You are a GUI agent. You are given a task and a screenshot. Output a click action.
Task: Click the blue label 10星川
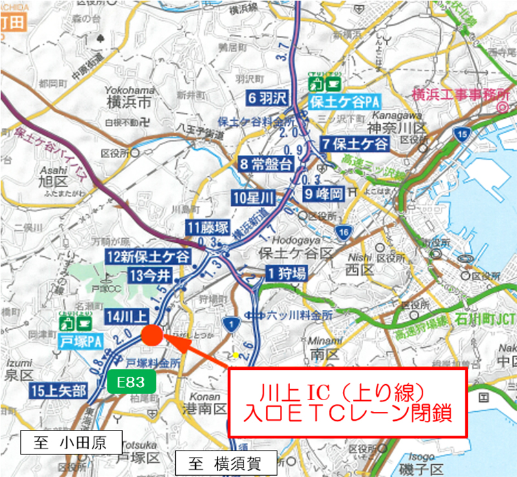click(253, 198)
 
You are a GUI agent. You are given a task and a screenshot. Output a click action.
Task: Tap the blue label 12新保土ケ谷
click(149, 257)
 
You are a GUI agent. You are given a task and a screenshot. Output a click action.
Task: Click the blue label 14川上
click(127, 316)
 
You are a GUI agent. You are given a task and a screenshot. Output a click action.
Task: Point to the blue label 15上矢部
click(58, 390)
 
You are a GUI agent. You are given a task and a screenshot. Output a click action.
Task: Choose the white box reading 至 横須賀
click(225, 461)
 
